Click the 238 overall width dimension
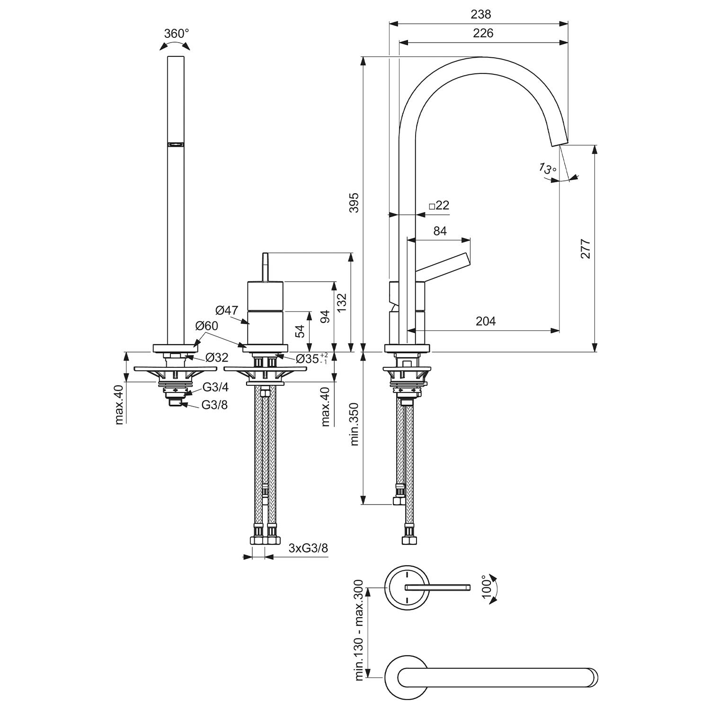(x=481, y=15)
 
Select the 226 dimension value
(x=483, y=33)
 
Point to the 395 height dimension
(x=354, y=203)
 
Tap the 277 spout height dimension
(x=586, y=249)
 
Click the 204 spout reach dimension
(x=486, y=321)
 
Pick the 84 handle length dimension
(x=440, y=231)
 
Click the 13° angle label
(x=548, y=169)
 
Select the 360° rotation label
(x=176, y=34)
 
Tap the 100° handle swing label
(x=487, y=587)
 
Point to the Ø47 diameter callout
(x=227, y=311)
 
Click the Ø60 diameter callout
(x=207, y=326)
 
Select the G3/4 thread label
(x=215, y=387)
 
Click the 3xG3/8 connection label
(x=308, y=548)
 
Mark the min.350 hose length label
(x=354, y=425)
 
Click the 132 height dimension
(x=341, y=302)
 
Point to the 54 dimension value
(x=300, y=331)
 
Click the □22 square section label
(x=439, y=205)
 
